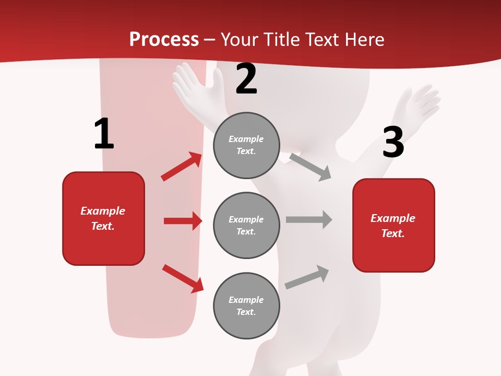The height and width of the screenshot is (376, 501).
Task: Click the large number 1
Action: coord(104,134)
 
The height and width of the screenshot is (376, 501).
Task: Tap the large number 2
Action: coord(246,79)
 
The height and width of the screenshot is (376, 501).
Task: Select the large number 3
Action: coord(393,143)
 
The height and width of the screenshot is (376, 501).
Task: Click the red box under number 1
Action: coord(103,218)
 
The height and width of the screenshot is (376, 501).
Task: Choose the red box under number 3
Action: coord(393,225)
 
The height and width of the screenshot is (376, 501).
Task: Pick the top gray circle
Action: coord(246,145)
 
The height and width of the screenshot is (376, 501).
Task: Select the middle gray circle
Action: coord(246,225)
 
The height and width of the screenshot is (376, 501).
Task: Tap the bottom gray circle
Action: coord(246,305)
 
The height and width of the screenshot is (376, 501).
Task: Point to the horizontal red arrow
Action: coord(183,221)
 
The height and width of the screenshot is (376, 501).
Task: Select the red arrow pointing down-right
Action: coord(183,278)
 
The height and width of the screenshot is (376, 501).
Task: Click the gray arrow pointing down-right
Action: coord(311,167)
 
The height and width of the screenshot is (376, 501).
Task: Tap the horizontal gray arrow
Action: coord(309,220)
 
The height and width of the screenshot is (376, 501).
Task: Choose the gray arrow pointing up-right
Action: coord(307,276)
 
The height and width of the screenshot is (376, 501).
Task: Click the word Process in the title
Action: coord(164,39)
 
